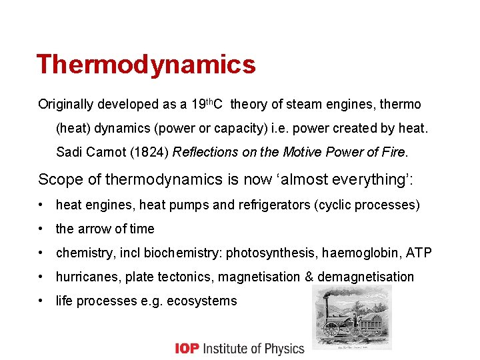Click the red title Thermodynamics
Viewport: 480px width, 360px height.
(x=146, y=65)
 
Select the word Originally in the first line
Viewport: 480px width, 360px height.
(x=66, y=104)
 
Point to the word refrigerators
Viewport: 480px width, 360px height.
(x=278, y=205)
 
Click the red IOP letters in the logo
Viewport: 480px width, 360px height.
(x=187, y=348)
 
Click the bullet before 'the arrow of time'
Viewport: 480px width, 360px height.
(x=42, y=229)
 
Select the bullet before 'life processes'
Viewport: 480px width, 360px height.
(x=42, y=301)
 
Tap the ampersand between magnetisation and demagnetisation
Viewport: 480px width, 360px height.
(x=309, y=277)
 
